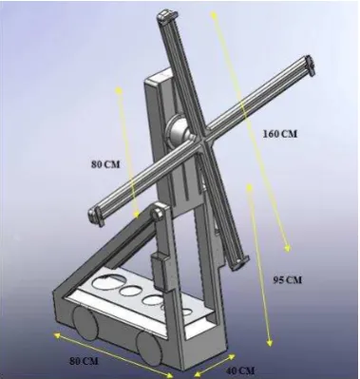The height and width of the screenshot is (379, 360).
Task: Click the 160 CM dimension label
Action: (x=280, y=134)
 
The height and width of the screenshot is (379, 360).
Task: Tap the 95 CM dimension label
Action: (x=288, y=280)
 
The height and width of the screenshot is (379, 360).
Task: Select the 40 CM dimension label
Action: (x=240, y=370)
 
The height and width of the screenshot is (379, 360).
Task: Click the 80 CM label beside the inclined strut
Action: (x=105, y=164)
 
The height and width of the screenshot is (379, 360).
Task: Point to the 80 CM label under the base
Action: (x=84, y=361)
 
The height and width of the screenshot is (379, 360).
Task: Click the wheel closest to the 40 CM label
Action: (x=149, y=349)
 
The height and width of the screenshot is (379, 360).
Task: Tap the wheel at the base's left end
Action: (x=85, y=323)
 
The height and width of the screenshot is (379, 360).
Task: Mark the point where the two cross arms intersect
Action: (x=201, y=137)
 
